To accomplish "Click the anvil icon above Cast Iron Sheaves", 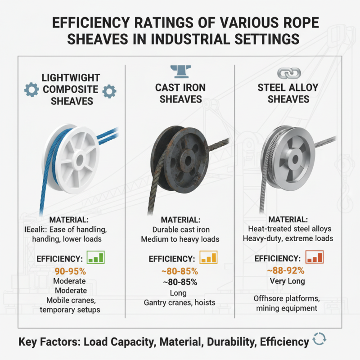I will pyautogui.click(x=180, y=71).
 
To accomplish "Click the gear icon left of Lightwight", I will pyautogui.click(x=31, y=90).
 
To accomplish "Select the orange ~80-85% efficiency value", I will pyautogui.click(x=180, y=271).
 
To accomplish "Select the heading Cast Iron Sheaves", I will pyautogui.click(x=180, y=93).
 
